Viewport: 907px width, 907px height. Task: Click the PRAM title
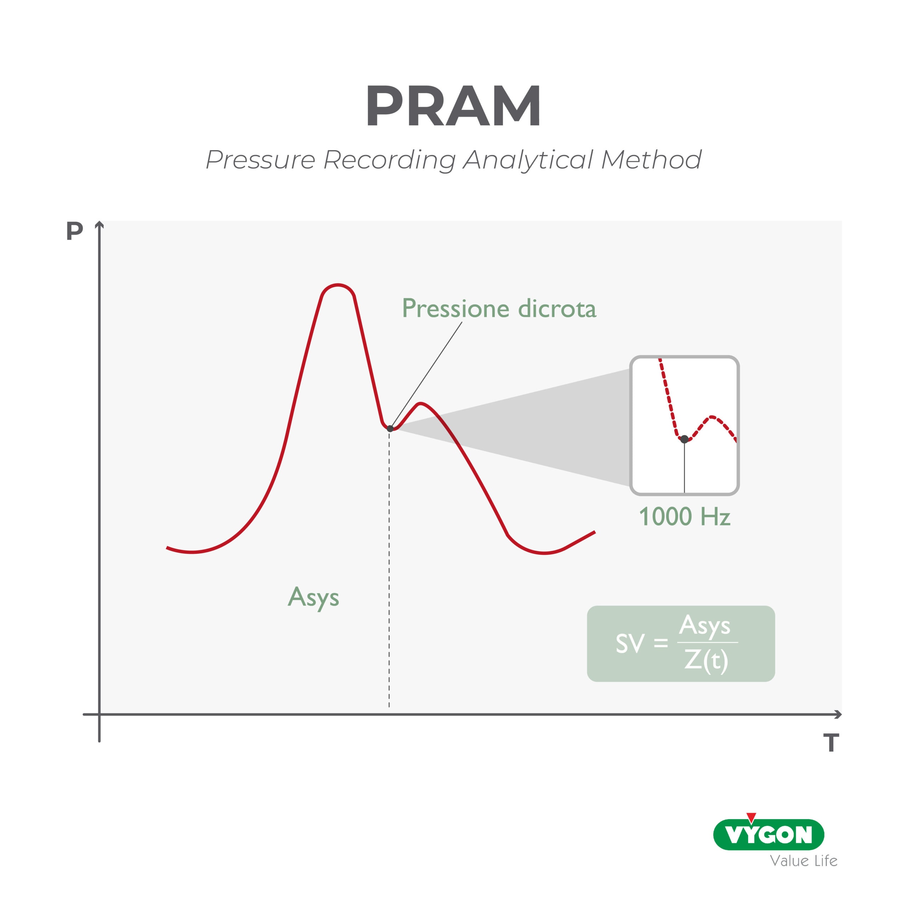[x=453, y=106]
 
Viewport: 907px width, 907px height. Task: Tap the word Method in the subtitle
[x=652, y=160]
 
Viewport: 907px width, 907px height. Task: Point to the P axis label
[x=75, y=231]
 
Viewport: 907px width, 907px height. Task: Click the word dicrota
[x=557, y=309]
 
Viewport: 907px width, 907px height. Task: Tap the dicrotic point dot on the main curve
[x=390, y=429]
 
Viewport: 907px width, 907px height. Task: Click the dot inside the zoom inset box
[x=685, y=439]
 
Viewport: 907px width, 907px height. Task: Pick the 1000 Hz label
[x=685, y=517]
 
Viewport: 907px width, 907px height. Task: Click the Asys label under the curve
[x=313, y=598]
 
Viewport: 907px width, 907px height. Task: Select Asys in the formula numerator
[x=704, y=626]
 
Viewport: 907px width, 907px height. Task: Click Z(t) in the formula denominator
[x=706, y=660]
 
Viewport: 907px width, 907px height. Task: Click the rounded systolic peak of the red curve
[x=338, y=286]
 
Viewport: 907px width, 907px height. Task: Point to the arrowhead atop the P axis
[x=100, y=225]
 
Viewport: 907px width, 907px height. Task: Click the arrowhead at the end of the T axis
[x=838, y=715]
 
